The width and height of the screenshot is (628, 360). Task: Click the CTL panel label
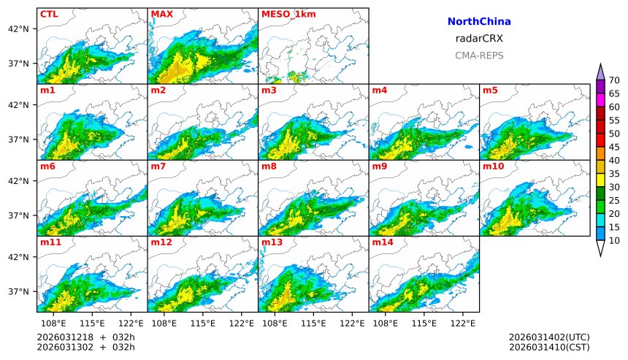tap(49, 14)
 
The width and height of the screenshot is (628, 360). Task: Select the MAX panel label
tap(161, 14)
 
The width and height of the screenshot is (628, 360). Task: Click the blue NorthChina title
tap(479, 22)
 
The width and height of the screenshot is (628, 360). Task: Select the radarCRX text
tap(479, 39)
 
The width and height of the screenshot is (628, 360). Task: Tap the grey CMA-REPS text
tap(479, 55)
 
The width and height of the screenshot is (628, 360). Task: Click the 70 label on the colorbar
tap(614, 80)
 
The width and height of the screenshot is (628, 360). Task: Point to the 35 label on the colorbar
tap(614, 174)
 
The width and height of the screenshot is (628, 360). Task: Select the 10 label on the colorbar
tap(614, 240)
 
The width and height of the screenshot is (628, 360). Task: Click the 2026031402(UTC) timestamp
tap(549, 337)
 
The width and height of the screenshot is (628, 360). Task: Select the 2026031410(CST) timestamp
tap(549, 347)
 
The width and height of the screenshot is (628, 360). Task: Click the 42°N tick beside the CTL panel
tap(18, 28)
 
